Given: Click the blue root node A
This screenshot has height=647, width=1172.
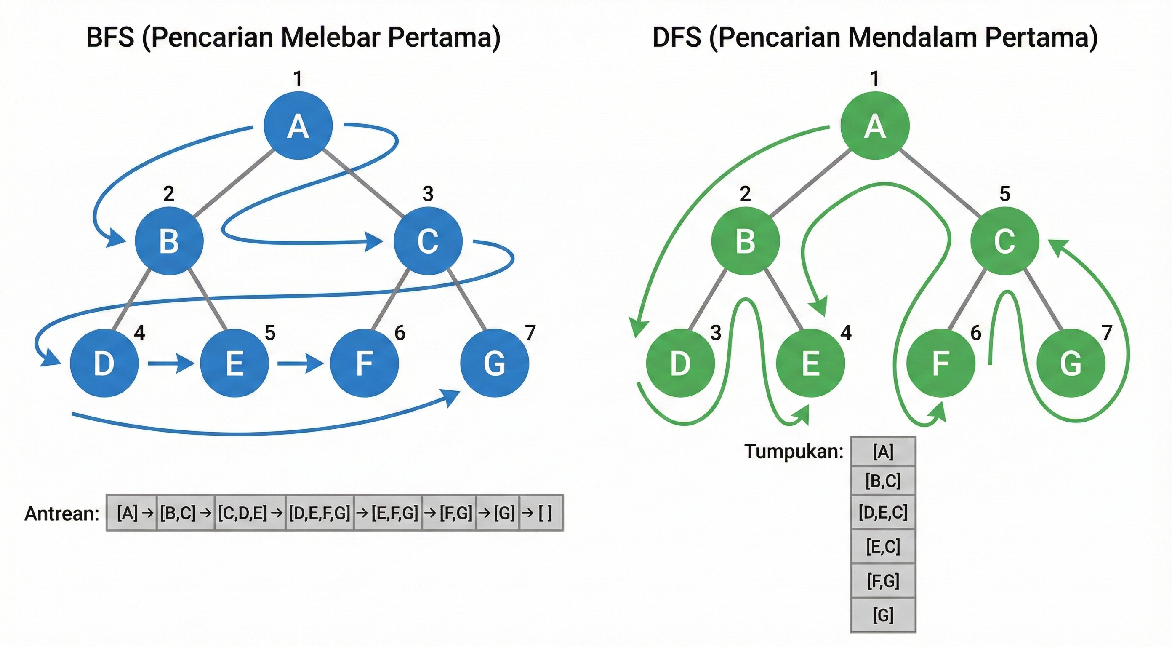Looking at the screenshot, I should (x=298, y=126).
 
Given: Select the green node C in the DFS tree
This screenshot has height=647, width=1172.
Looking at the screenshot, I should (x=1004, y=241).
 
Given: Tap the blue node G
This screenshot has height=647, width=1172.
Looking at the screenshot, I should (x=495, y=363).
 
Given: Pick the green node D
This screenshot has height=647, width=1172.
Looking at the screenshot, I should (x=680, y=363).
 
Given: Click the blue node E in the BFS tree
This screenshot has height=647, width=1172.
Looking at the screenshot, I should (x=234, y=363).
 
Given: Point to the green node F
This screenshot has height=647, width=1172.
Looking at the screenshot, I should (x=940, y=363).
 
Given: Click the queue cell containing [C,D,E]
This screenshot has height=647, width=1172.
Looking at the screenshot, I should (x=249, y=513).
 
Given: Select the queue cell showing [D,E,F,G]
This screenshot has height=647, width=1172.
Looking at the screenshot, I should (x=320, y=513).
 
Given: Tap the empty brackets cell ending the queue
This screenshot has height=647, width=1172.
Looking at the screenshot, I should (x=541, y=513).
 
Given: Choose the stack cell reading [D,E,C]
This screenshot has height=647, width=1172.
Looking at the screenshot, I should (x=883, y=513).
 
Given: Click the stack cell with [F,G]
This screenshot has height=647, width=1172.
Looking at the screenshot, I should (x=883, y=581).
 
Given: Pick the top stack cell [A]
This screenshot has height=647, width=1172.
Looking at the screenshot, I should (x=883, y=452).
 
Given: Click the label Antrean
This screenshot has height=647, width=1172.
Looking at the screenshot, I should (x=62, y=513).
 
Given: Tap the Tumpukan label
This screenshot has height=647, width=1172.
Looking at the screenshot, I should (x=794, y=451).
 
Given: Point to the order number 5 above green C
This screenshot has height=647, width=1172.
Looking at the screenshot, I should (x=1004, y=194).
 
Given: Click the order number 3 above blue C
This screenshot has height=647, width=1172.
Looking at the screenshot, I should (x=428, y=194).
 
